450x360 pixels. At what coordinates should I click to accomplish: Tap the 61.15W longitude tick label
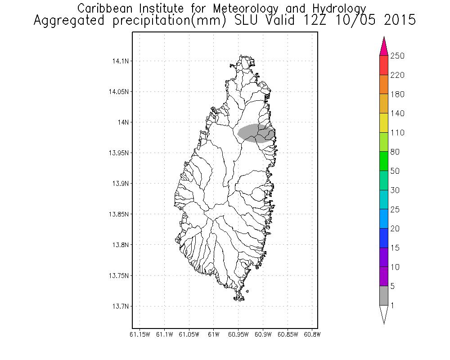pos(139,334)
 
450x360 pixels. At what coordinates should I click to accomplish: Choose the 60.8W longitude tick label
pos(312,334)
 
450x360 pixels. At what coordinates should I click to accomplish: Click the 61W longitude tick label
pos(214,334)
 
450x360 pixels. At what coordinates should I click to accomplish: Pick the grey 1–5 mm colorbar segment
pos(384,296)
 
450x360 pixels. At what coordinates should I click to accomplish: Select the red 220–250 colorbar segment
pos(384,65)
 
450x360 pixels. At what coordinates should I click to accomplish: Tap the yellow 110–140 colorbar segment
pos(384,123)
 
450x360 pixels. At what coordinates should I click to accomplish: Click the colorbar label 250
pos(397,56)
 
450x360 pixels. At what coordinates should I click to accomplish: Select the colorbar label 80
pos(395,152)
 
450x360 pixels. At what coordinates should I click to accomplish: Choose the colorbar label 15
pos(395,248)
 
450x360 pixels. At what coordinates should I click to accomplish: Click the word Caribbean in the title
pos(102,8)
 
